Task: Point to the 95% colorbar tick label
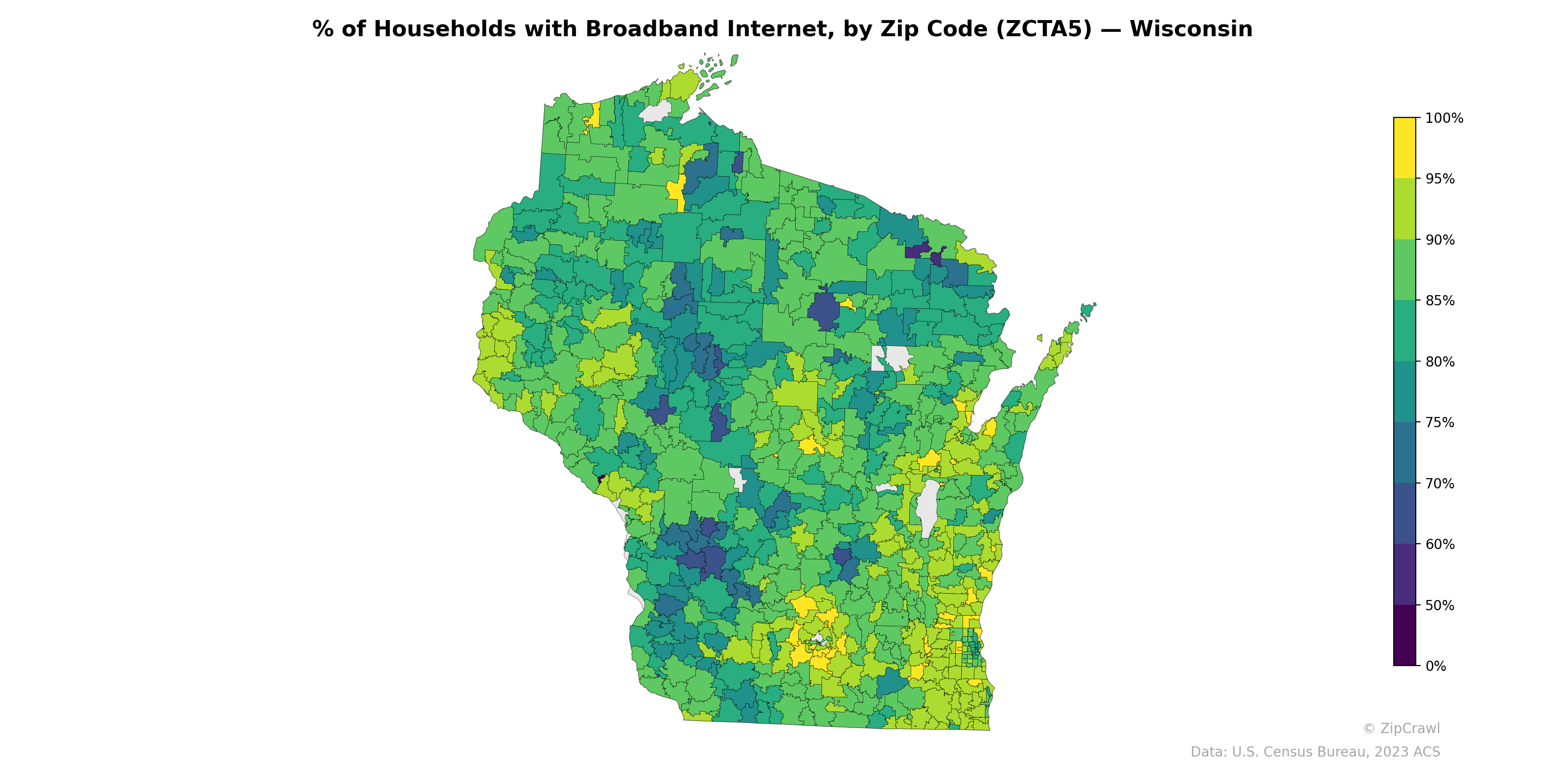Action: point(1440,179)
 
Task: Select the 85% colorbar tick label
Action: point(1440,301)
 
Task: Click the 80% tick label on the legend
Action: point(1440,362)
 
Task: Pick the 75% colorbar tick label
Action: point(1440,422)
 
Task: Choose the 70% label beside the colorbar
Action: point(1440,484)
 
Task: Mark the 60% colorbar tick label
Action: point(1440,545)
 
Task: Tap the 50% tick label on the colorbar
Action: point(1440,605)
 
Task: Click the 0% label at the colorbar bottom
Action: point(1435,666)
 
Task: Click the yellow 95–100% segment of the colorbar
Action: point(1405,148)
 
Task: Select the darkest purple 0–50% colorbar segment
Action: point(1405,635)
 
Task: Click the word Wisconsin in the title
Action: point(1191,29)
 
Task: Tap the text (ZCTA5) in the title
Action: point(1044,29)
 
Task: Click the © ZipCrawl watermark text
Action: point(1401,728)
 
